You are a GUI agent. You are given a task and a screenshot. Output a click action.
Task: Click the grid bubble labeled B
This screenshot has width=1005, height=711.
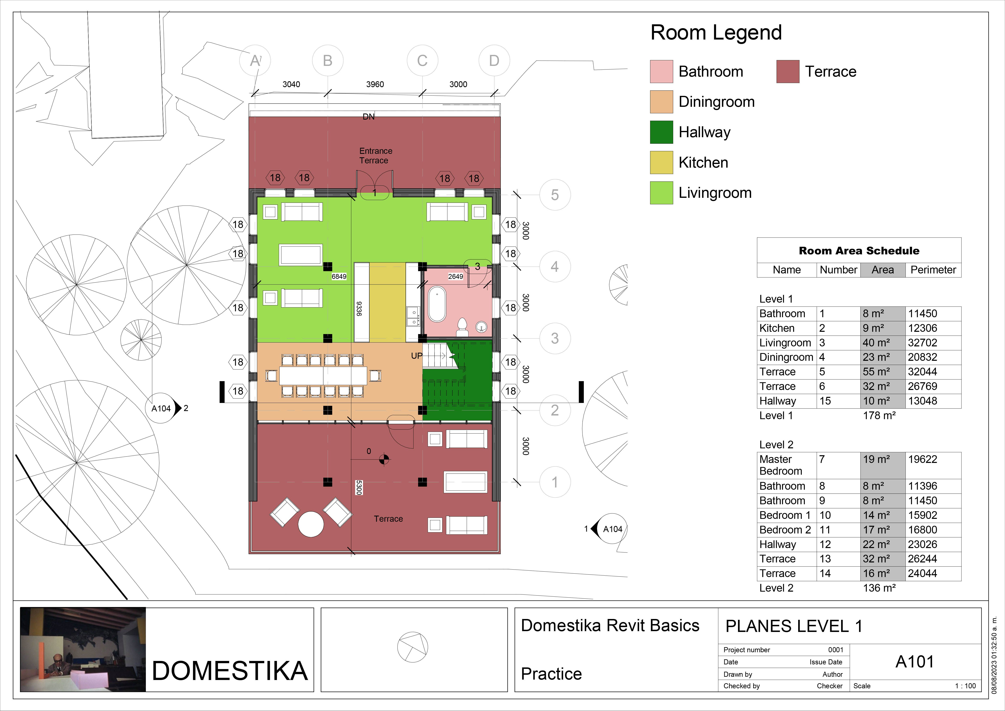click(x=327, y=60)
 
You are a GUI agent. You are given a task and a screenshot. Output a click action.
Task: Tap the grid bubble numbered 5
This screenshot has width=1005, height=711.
click(x=555, y=195)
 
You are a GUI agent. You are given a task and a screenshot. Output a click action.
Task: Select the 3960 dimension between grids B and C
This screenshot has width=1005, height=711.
click(x=375, y=84)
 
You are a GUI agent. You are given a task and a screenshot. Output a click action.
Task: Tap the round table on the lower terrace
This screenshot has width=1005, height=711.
click(x=311, y=524)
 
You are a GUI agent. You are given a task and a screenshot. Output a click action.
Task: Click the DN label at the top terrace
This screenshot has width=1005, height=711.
click(x=368, y=117)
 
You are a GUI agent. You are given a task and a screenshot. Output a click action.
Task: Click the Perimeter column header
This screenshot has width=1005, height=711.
click(x=933, y=270)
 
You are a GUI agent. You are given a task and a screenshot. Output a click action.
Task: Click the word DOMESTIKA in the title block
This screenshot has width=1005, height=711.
click(x=230, y=671)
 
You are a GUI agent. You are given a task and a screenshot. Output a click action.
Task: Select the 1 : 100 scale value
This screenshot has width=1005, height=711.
click(x=965, y=686)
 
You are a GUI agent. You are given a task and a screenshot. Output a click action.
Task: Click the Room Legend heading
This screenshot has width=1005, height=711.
click(x=716, y=32)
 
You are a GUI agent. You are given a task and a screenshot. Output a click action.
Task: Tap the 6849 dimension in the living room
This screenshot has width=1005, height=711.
click(x=339, y=276)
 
